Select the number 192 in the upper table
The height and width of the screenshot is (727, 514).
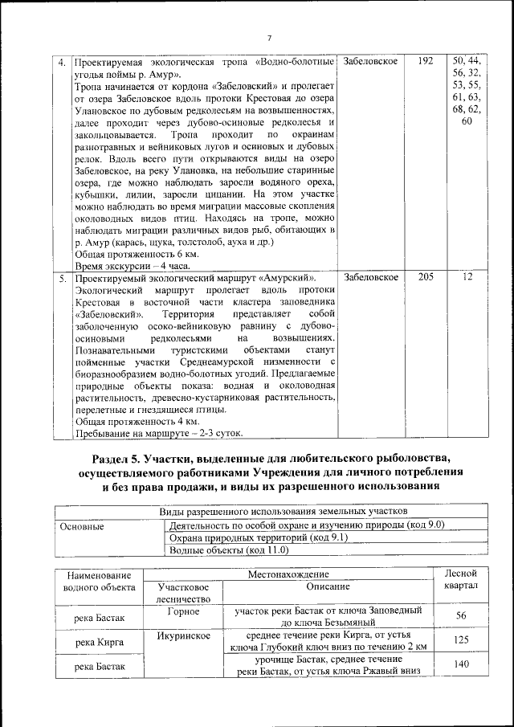(x=426, y=61)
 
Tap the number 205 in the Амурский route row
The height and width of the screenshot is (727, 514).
(x=426, y=277)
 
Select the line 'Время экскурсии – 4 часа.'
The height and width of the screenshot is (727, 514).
(x=121, y=265)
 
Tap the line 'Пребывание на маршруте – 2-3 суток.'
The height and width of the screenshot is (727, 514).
(x=158, y=433)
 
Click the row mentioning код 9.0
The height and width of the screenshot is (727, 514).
(x=307, y=525)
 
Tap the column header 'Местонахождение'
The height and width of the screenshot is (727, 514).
(x=288, y=574)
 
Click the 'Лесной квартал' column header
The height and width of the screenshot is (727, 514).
(x=461, y=581)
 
